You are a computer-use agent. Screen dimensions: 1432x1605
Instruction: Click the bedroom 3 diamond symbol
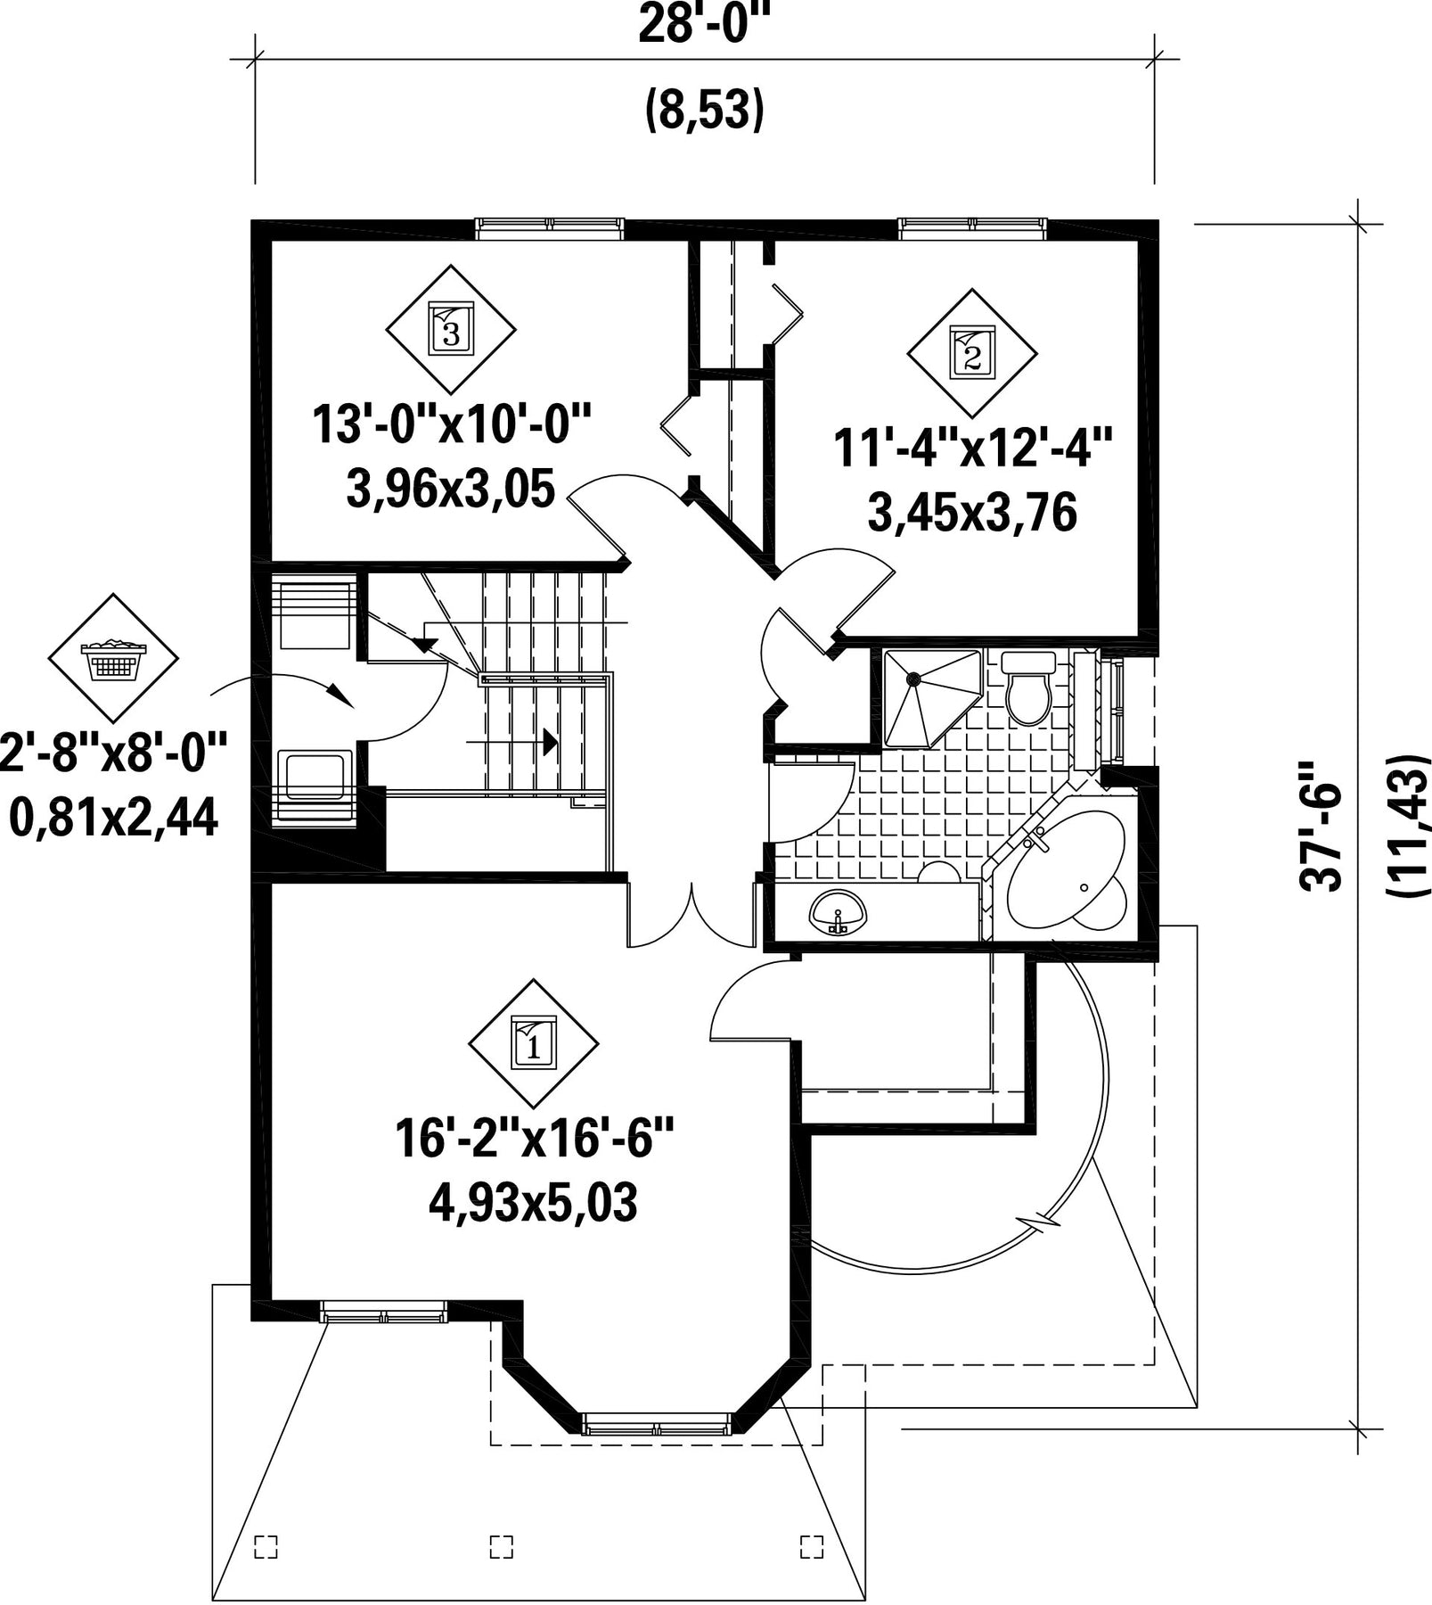click(450, 329)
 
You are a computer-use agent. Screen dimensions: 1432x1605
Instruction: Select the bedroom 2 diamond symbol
click(972, 353)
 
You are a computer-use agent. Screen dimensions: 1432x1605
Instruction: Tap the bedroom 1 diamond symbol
click(534, 1044)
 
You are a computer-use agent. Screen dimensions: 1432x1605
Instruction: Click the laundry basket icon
click(112, 658)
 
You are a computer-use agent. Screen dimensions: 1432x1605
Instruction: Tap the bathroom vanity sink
click(838, 912)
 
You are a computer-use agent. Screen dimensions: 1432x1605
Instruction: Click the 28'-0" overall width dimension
click(704, 25)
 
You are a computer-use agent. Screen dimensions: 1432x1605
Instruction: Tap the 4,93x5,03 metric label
click(533, 1204)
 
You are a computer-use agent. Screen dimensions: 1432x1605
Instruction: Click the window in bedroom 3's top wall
click(547, 228)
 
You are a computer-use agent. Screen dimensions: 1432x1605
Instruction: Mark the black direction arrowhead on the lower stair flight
click(549, 740)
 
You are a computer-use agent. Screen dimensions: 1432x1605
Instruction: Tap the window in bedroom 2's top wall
click(972, 228)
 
